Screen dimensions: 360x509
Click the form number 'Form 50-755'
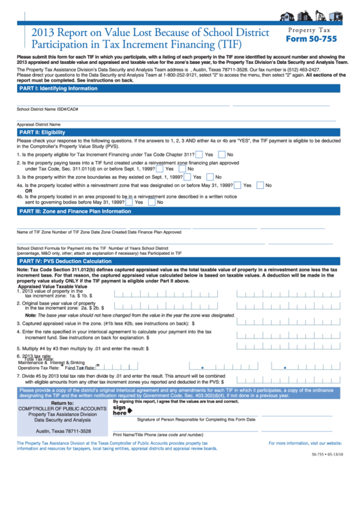310,39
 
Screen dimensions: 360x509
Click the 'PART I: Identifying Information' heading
58,88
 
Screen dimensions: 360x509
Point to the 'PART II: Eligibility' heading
42,133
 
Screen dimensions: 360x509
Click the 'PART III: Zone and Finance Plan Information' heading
75,211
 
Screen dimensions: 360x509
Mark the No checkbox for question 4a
259,185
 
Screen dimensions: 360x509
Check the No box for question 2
181,169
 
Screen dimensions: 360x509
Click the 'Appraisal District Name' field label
39,124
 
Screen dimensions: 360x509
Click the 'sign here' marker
120,410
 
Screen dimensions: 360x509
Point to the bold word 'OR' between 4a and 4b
29,191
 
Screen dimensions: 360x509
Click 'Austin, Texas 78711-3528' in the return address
63,431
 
